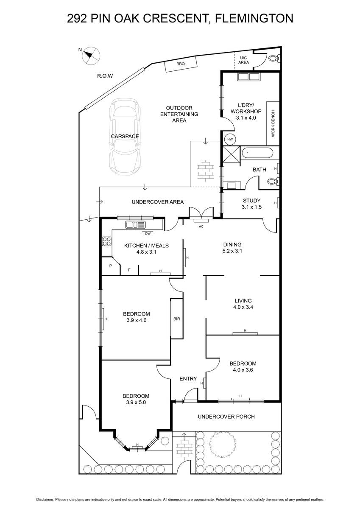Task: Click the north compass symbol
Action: (x=91, y=56)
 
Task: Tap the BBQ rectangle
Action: (x=181, y=64)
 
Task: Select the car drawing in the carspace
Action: (x=125, y=136)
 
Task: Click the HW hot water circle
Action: (x=230, y=139)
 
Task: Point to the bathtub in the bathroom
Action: (x=257, y=153)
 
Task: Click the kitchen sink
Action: (x=135, y=225)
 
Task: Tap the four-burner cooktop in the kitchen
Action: (x=107, y=241)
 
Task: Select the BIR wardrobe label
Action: (x=177, y=319)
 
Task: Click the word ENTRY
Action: (x=188, y=378)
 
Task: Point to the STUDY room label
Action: (x=251, y=201)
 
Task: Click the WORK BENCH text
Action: (x=273, y=123)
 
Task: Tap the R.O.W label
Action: (x=105, y=76)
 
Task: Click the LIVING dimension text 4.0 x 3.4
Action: (x=243, y=307)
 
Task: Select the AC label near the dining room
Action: (x=201, y=227)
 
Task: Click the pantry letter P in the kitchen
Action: (x=111, y=266)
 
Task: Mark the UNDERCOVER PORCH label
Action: (x=226, y=417)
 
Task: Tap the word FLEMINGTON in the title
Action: (x=254, y=18)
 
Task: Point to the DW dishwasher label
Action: (x=148, y=233)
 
